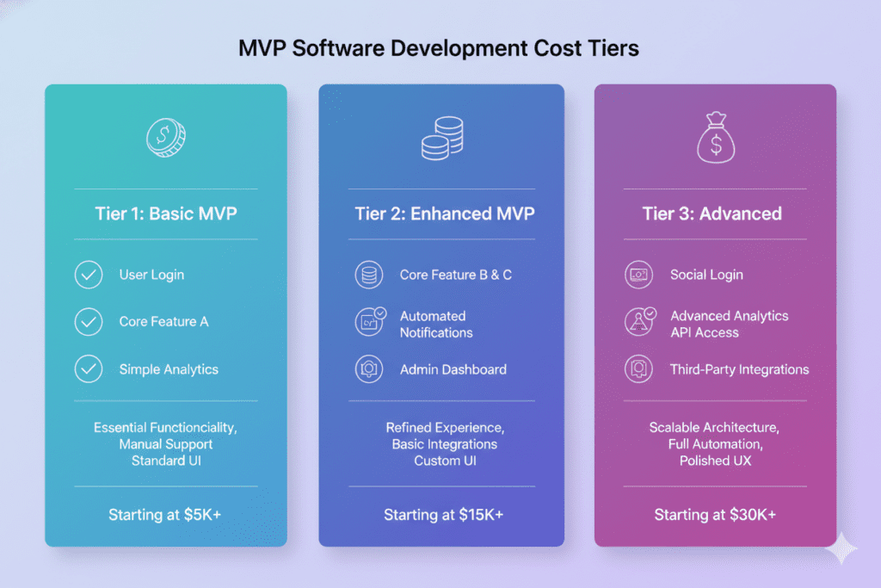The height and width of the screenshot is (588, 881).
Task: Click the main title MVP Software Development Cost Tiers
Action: click(x=439, y=48)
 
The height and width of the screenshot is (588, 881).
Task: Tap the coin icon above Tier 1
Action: click(x=166, y=138)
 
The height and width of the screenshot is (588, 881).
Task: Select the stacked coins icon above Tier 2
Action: click(x=441, y=139)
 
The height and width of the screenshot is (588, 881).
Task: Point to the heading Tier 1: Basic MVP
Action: click(x=166, y=214)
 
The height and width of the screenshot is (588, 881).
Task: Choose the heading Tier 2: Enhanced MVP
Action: click(x=441, y=214)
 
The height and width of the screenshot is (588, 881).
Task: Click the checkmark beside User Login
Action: click(x=89, y=275)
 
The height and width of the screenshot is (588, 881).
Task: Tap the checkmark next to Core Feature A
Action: click(x=89, y=322)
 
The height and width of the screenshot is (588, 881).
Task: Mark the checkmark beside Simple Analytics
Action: click(x=89, y=369)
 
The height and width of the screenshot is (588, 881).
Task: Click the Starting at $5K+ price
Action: click(x=166, y=515)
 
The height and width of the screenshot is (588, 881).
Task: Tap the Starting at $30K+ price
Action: click(x=715, y=515)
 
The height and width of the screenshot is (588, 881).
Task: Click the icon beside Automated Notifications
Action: click(x=370, y=322)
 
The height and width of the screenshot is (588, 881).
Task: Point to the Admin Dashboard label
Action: click(x=453, y=369)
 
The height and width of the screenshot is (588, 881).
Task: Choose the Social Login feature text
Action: click(x=706, y=275)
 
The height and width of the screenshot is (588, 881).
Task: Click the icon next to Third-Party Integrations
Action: click(x=638, y=369)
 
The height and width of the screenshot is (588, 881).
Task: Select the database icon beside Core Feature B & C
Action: click(x=369, y=275)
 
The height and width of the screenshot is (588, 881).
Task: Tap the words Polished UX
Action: click(x=715, y=461)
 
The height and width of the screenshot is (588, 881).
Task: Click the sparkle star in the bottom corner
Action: click(x=841, y=548)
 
